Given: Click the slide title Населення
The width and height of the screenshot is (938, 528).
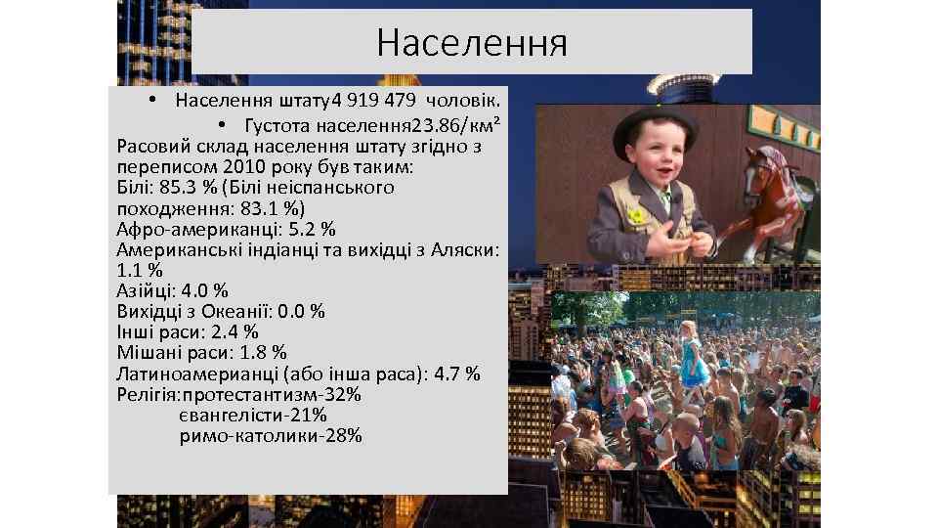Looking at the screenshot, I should (x=472, y=42).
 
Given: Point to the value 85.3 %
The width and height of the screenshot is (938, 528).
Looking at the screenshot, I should (x=189, y=188).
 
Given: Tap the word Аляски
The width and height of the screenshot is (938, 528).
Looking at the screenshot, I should (x=466, y=249).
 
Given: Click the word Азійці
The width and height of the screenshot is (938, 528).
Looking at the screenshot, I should (x=146, y=290).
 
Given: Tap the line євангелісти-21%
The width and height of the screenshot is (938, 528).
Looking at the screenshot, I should (x=252, y=416).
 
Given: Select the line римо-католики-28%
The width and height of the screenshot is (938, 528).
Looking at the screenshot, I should (x=271, y=436).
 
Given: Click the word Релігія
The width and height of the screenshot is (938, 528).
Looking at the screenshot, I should (x=148, y=395).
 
